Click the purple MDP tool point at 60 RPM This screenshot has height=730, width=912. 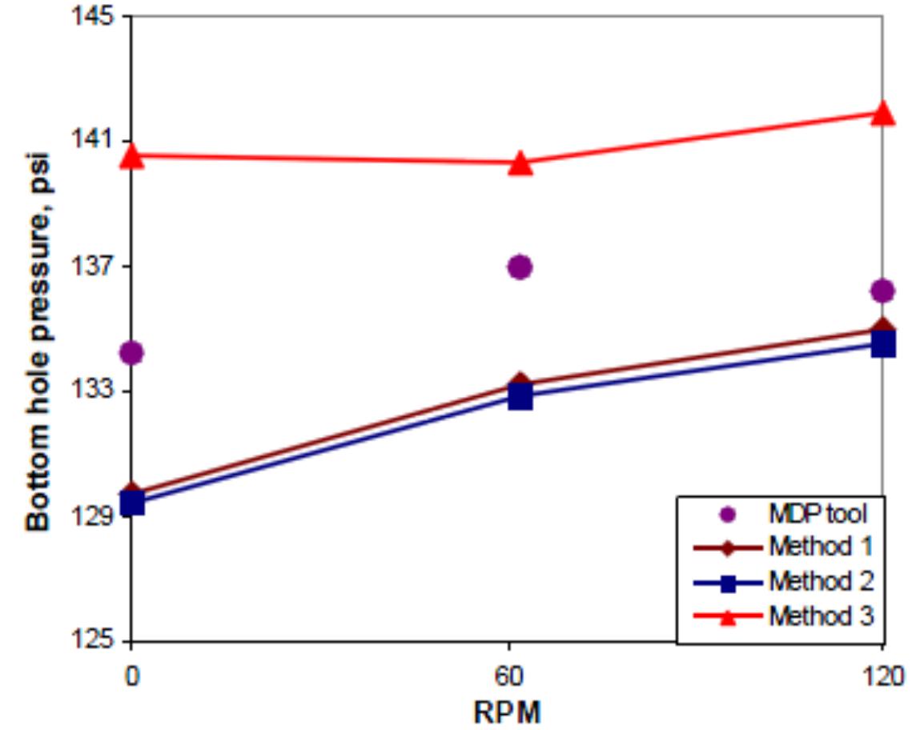click(x=520, y=267)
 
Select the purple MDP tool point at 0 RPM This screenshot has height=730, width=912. click(x=131, y=351)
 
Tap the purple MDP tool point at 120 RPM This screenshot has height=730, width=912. click(x=882, y=290)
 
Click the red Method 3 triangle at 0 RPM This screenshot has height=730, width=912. click(x=131, y=157)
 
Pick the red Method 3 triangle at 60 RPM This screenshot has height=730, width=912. click(x=520, y=164)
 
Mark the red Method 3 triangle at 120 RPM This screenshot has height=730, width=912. click(x=882, y=113)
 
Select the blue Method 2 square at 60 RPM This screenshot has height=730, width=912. click(x=520, y=396)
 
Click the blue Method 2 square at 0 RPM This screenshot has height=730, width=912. click(x=131, y=503)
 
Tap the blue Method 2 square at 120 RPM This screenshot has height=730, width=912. click(x=882, y=344)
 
